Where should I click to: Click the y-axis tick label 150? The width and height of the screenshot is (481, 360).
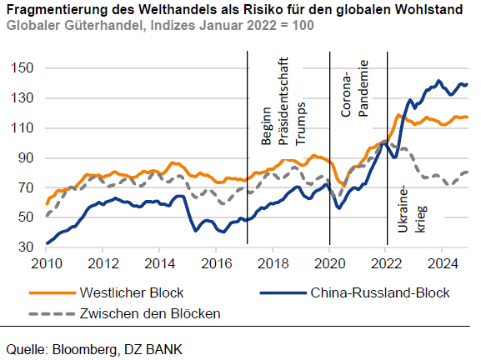pos(23,67)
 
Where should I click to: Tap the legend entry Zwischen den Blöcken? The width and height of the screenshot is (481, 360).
pos(150,313)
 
